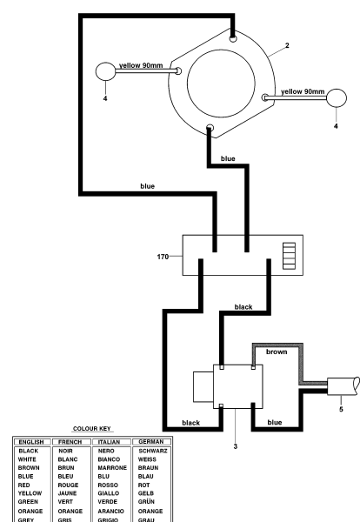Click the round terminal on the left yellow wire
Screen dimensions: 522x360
105,71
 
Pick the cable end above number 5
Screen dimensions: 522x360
338,385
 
